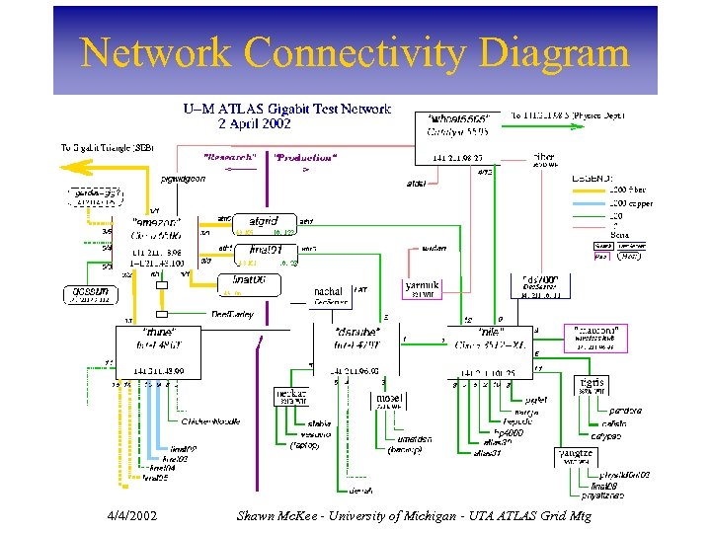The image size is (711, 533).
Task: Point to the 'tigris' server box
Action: tap(593, 385)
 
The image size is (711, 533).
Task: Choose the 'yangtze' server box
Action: tap(575, 456)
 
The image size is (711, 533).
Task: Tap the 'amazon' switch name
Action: tap(155, 223)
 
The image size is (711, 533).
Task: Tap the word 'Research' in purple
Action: tap(232, 157)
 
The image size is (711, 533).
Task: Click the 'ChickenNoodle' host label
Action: tap(209, 421)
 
